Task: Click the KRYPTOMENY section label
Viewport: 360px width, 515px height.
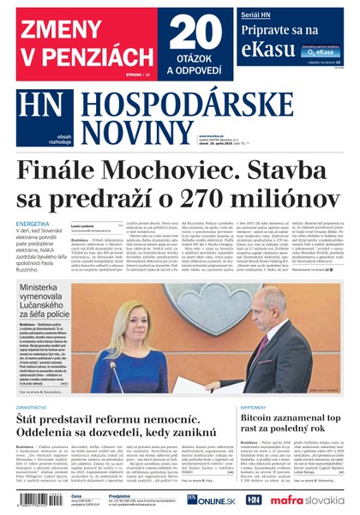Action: (256, 408)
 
